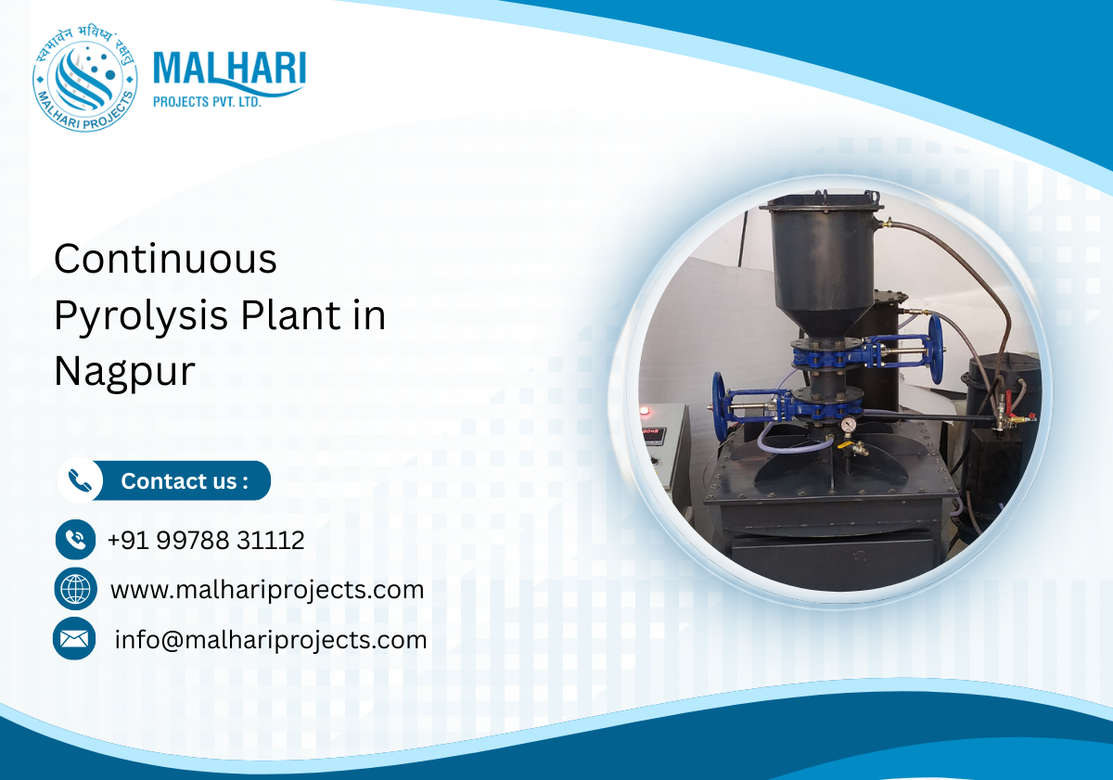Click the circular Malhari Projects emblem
pyautogui.click(x=85, y=78)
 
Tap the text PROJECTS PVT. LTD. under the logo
pyautogui.click(x=207, y=102)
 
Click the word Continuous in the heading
pyautogui.click(x=165, y=259)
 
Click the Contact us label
pyautogui.click(x=185, y=481)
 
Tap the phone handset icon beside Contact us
pyautogui.click(x=80, y=480)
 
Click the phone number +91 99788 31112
pyautogui.click(x=205, y=541)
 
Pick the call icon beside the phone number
pyautogui.click(x=76, y=539)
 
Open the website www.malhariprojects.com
pyautogui.click(x=266, y=590)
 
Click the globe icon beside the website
pyautogui.click(x=75, y=589)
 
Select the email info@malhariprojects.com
pyautogui.click(x=270, y=640)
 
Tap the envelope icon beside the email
pyautogui.click(x=74, y=639)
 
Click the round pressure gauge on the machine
pyautogui.click(x=848, y=424)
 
